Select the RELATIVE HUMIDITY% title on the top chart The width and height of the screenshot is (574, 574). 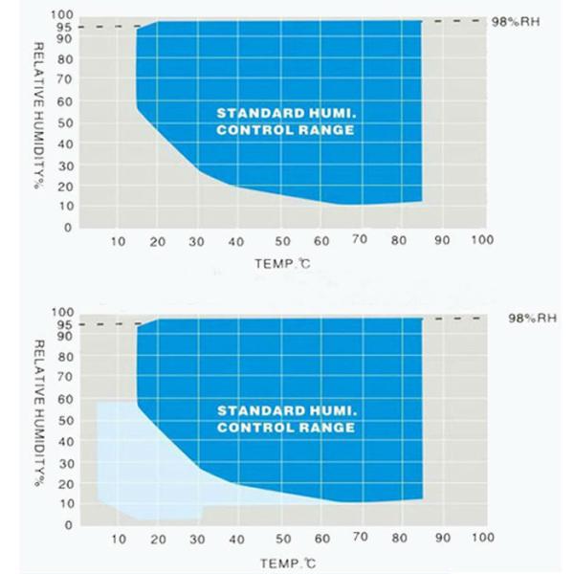[39, 115]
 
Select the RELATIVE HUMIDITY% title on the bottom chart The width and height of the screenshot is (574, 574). [39, 412]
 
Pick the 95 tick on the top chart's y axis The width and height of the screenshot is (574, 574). [64, 27]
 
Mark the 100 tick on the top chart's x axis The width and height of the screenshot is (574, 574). [482, 241]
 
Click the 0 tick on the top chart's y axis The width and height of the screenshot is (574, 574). [68, 228]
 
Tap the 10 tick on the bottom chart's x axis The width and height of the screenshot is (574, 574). [118, 539]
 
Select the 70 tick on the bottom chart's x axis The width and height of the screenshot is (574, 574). [361, 539]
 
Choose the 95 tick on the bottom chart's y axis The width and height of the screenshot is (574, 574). [64, 324]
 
